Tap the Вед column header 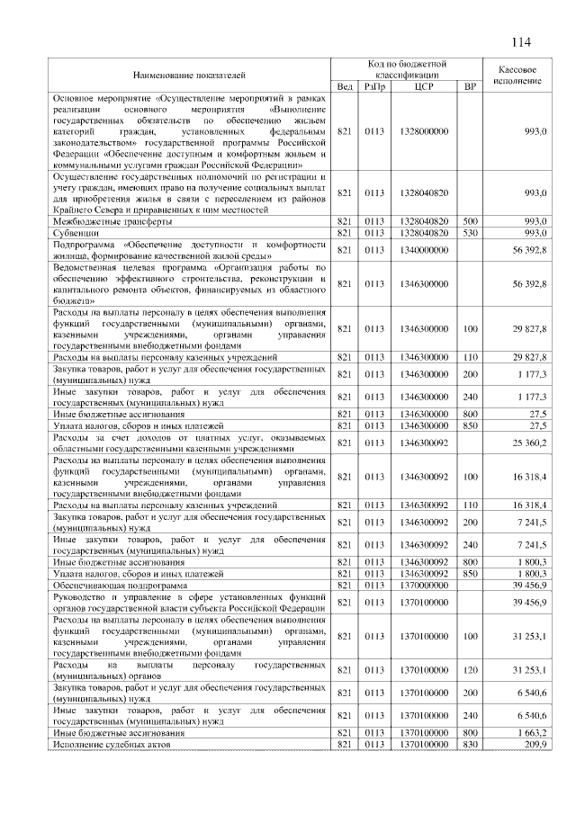[345, 85]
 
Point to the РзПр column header [374, 85]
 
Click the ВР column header [469, 85]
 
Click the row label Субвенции [75, 232]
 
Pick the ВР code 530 [469, 232]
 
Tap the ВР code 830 [469, 746]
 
